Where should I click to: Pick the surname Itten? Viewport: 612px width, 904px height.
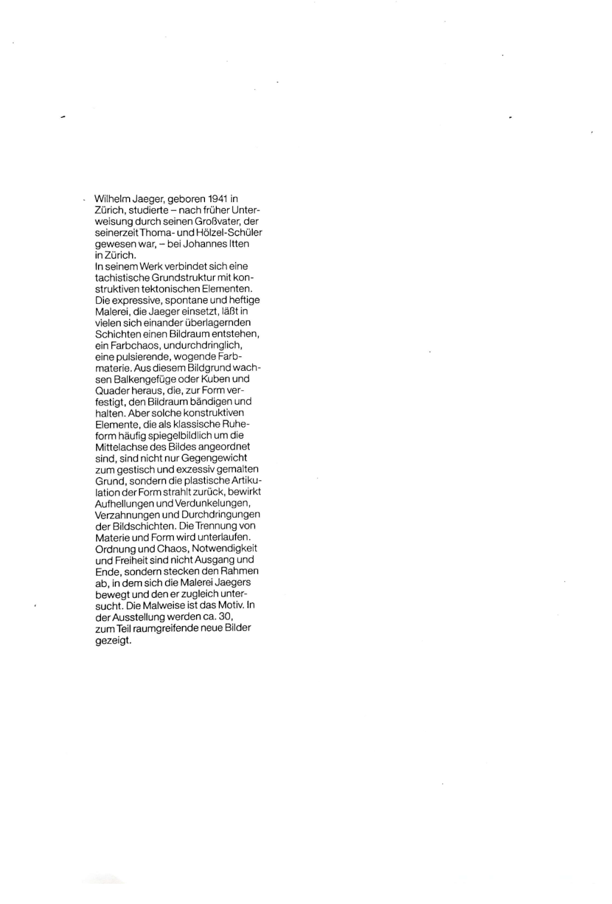[x=238, y=244]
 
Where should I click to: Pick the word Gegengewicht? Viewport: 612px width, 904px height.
[x=214, y=458]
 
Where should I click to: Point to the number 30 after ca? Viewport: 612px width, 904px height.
[x=225, y=616]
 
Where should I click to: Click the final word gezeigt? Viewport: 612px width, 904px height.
[x=113, y=640]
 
